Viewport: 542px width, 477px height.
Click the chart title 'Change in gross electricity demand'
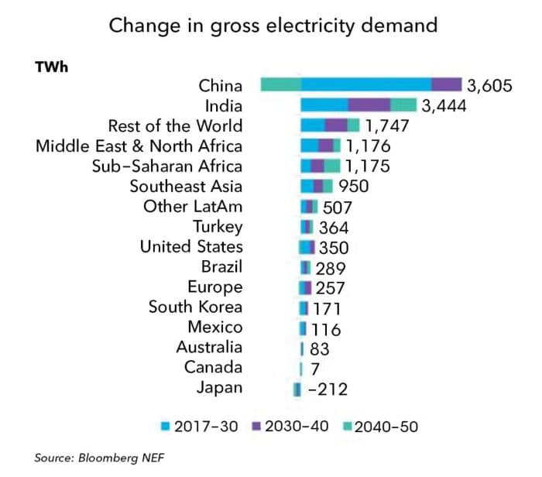(273, 25)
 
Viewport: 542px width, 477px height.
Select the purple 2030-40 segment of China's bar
(446, 85)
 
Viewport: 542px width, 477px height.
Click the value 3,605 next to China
(489, 85)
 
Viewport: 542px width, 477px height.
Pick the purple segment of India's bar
(369, 105)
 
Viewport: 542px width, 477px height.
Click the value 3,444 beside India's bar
(444, 105)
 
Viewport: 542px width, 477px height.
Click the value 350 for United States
(334, 247)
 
